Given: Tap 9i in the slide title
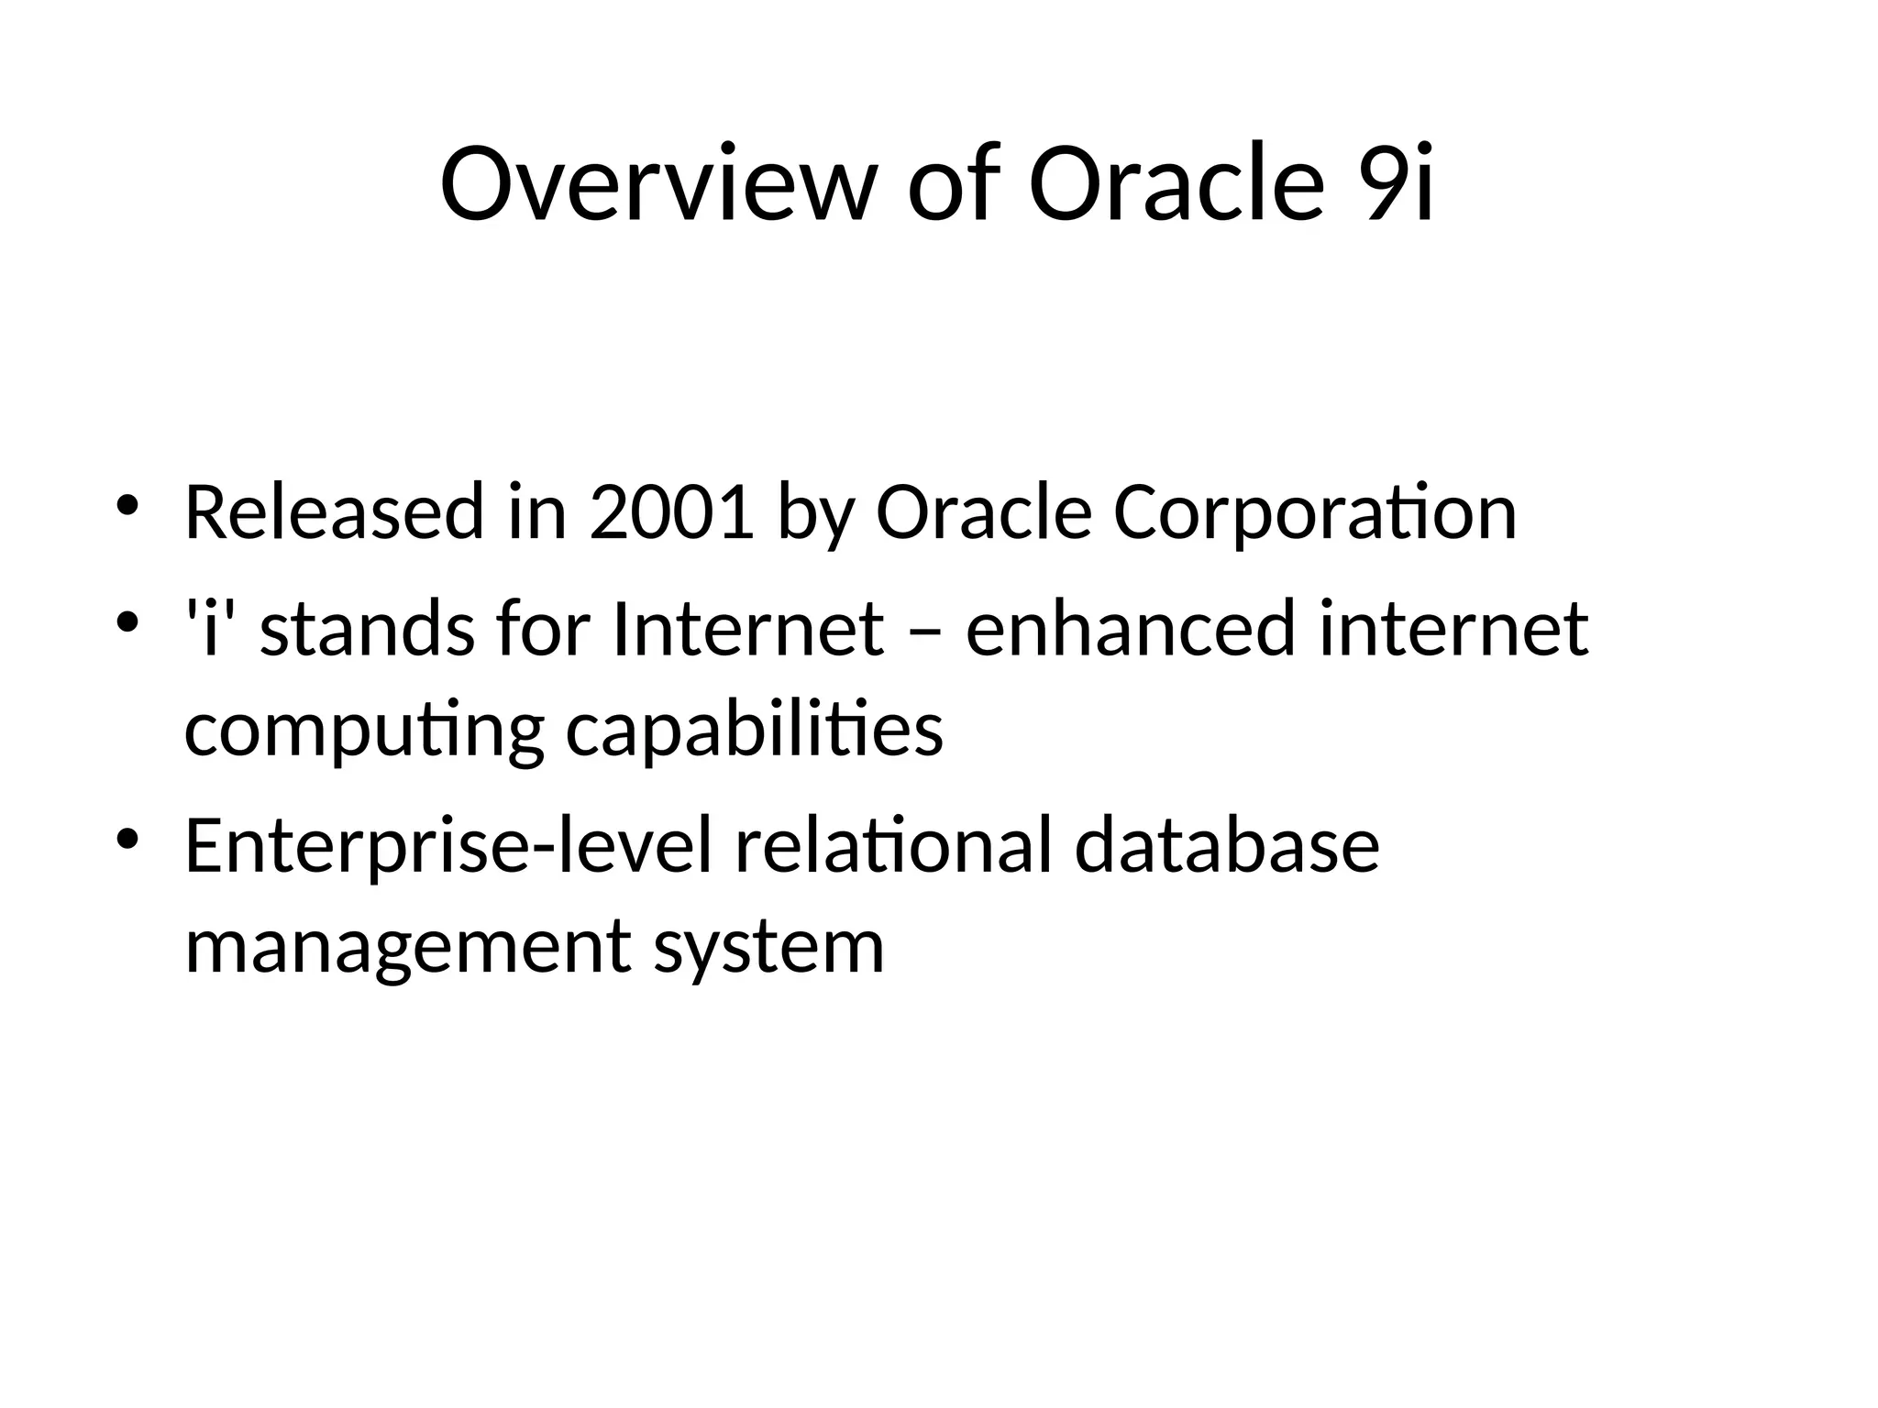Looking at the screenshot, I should pyautogui.click(x=1397, y=184).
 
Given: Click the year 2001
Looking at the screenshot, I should pyautogui.click(x=671, y=512).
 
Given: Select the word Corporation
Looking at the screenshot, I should pyautogui.click(x=1314, y=512).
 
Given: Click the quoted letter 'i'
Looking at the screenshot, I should pyautogui.click(x=211, y=629).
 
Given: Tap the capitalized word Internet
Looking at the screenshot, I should pyautogui.click(x=747, y=629).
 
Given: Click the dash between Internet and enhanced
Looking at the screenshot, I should pyautogui.click(x=924, y=632).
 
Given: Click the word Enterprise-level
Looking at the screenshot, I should pyautogui.click(x=447, y=845).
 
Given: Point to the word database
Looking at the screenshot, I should pyautogui.click(x=1226, y=845).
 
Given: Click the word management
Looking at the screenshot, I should pyautogui.click(x=407, y=948).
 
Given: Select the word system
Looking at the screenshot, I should pyautogui.click(x=768, y=948).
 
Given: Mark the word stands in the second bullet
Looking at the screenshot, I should pyautogui.click(x=367, y=629).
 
